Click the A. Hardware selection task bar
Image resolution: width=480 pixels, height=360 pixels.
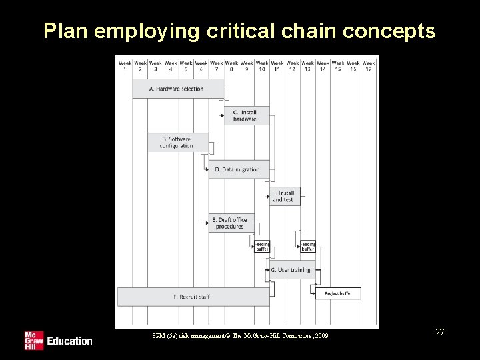click(177, 89)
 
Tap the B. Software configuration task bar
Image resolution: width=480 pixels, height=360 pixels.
click(177, 143)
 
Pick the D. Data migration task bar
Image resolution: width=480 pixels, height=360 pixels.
click(238, 169)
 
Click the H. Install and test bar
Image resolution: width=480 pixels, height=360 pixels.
click(284, 196)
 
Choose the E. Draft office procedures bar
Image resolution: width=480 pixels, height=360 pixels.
click(231, 223)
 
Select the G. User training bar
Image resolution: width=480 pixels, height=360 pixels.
click(291, 270)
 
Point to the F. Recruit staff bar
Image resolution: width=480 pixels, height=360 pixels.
click(193, 296)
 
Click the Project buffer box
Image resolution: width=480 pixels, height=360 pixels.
click(338, 293)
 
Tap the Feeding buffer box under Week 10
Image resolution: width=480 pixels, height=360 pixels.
click(262, 247)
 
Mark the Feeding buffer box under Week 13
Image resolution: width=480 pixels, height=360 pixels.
click(307, 247)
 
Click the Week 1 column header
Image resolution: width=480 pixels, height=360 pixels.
click(125, 65)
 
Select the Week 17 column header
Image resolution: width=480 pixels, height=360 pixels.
click(369, 65)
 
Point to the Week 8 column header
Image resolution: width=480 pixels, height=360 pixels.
click(231, 65)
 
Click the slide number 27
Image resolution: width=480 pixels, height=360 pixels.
click(439, 332)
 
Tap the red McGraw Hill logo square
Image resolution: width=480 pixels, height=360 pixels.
click(33, 340)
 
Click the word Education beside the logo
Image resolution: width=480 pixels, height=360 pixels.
click(69, 341)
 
